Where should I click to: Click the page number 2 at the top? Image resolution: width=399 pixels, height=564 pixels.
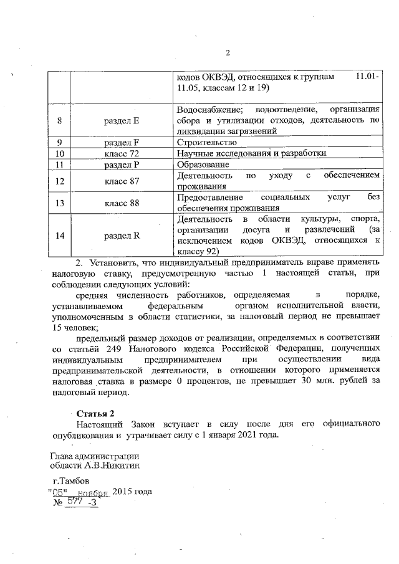(x=228, y=52)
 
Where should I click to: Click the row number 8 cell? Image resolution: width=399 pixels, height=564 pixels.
(x=59, y=120)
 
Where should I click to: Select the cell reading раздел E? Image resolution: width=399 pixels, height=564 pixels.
(x=122, y=120)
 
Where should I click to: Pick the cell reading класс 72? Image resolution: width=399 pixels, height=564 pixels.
(x=122, y=153)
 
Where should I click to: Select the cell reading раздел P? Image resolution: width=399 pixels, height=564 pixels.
(x=122, y=165)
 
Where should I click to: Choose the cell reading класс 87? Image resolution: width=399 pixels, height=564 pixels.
(x=122, y=181)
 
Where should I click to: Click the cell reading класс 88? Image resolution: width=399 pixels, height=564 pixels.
(x=122, y=203)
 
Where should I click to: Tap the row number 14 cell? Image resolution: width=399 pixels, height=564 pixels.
(x=59, y=236)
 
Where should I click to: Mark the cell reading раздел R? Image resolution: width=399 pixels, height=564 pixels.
(x=122, y=236)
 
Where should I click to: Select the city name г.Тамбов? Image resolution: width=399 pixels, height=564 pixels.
(x=71, y=480)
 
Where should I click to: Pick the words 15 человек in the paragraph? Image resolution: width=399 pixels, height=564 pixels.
(x=75, y=326)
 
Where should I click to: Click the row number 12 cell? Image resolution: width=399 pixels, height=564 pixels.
(x=59, y=181)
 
